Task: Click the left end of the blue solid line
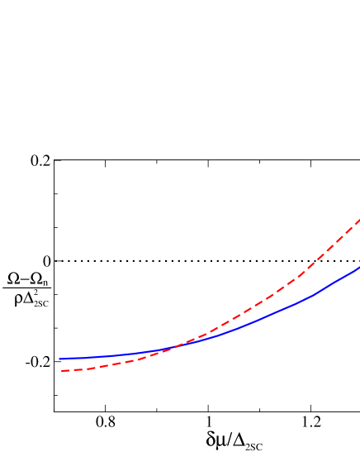point(59,359)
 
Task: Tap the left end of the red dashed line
point(62,371)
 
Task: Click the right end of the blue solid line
point(359,267)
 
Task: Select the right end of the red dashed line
point(359,220)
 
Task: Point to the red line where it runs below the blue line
point(107,364)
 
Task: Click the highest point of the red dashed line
point(359,220)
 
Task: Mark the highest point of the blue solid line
point(359,267)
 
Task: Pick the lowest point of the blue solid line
point(60,359)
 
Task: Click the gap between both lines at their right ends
point(358,245)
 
